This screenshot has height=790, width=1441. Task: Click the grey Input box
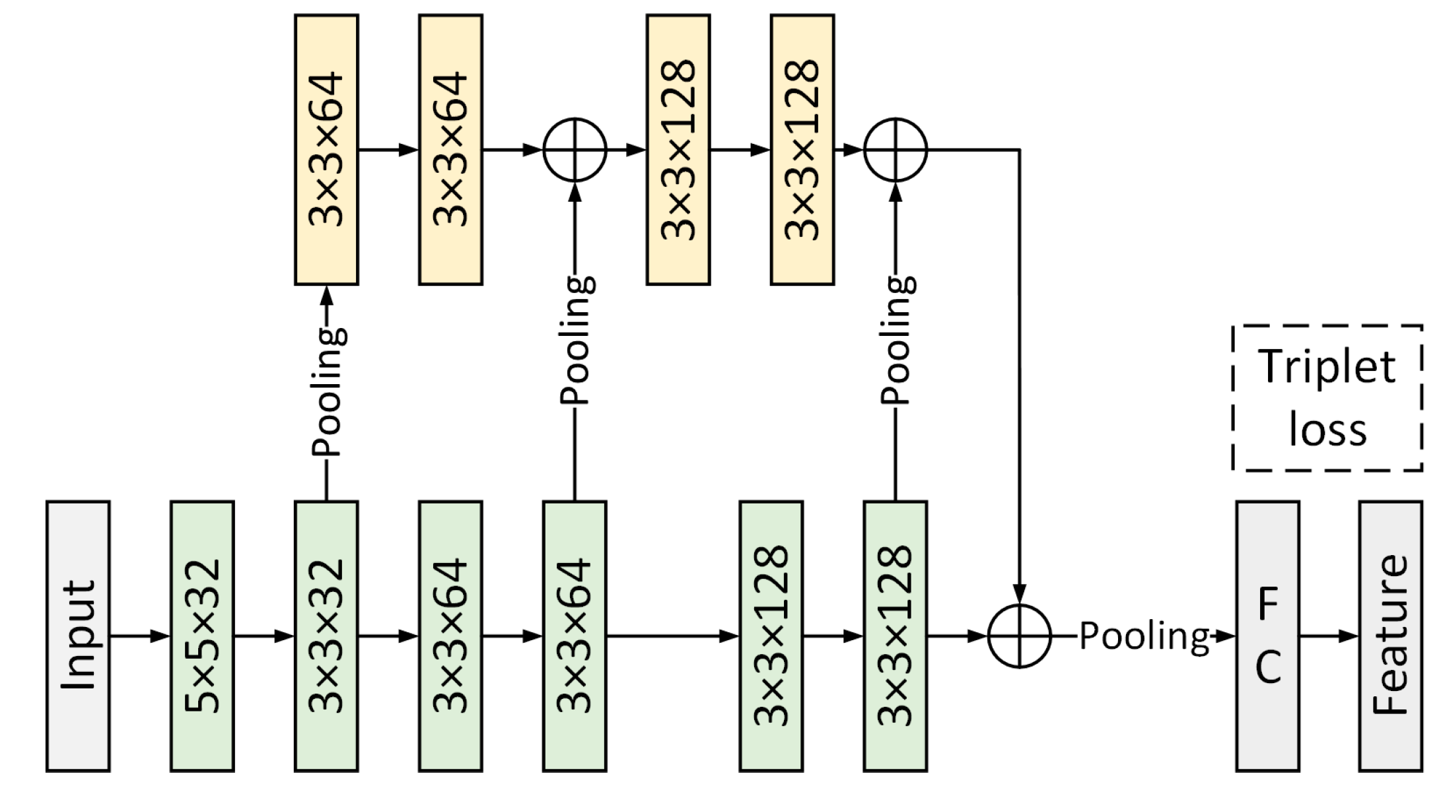click(x=78, y=636)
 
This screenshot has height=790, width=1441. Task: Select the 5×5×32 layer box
click(x=202, y=636)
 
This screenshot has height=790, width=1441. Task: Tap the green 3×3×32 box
click(x=326, y=636)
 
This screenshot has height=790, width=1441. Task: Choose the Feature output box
click(x=1390, y=636)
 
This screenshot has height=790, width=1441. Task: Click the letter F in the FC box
click(x=1267, y=604)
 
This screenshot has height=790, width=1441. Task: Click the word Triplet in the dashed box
click(x=1327, y=367)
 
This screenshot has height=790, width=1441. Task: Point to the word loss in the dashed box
click(x=1327, y=430)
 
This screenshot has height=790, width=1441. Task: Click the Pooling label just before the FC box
click(x=1144, y=636)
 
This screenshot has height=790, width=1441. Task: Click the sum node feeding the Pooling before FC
click(x=1019, y=636)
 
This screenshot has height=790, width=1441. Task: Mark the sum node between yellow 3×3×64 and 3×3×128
click(x=575, y=150)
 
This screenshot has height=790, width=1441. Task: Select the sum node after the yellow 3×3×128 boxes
click(x=896, y=150)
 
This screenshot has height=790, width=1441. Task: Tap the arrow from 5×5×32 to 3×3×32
click(x=264, y=636)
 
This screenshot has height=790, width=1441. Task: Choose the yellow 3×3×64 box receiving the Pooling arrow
click(x=326, y=150)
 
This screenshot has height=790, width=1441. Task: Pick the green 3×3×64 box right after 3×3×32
click(x=450, y=636)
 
